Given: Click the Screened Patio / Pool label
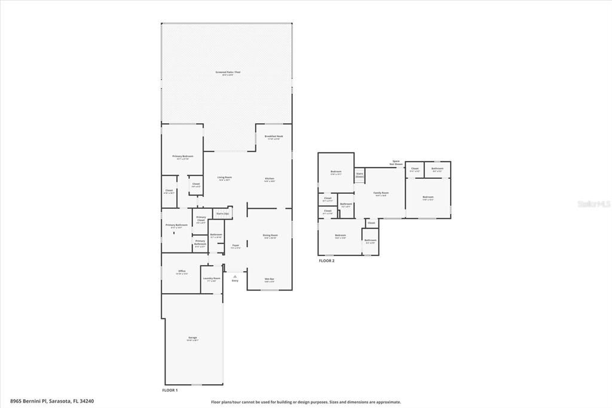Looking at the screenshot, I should pos(227,73).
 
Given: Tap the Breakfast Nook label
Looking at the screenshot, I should pos(273,137).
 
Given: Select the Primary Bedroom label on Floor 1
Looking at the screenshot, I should pos(182,157).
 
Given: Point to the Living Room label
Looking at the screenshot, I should pos(224,178).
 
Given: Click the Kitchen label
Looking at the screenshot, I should pos(270,179).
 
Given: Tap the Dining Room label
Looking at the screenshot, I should pos(270,236).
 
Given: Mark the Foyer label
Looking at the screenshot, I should pos(235,245).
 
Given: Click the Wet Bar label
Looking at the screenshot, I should pos(270,279).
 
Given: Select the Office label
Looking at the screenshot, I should pos(182,272).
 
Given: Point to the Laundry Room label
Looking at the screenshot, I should pos(212,278).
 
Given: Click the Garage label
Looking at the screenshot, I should pos(192,338).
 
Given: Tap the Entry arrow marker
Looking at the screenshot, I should pos(234,276).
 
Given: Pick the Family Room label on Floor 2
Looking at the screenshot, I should pos(381,193).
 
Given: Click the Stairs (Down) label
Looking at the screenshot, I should pos(360,175).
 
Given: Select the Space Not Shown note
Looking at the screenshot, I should pos(396,162).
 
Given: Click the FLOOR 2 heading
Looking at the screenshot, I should pos(326,261).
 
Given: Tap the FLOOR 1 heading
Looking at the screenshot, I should pos(170,390).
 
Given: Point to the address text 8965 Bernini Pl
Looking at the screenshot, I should pos(51,401).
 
